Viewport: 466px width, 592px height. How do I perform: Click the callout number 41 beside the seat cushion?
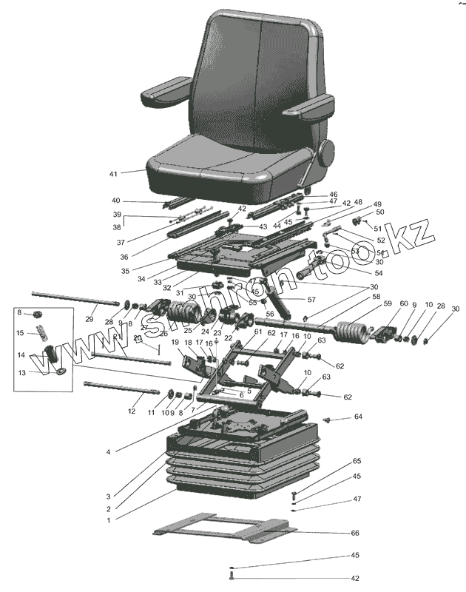tap(113, 174)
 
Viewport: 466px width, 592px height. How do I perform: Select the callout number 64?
tap(358, 417)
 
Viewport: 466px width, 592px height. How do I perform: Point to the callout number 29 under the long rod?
tap(90, 320)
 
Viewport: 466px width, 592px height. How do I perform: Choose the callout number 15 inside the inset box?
tap(20, 333)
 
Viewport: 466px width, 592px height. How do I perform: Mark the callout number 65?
tap(356, 461)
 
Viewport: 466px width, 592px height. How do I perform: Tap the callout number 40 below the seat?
tap(115, 201)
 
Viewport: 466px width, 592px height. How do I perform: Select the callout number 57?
tap(311, 299)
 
